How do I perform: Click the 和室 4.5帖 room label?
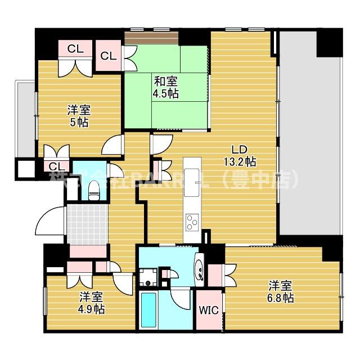pos(165,87)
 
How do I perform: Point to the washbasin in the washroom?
pos(199,269)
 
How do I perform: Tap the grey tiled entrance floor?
pos(87,225)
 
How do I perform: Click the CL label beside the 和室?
pos(109,56)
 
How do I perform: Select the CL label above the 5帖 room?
pos(75,49)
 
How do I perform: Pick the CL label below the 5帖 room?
pos(56,166)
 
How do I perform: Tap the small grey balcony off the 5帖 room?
pos(25,118)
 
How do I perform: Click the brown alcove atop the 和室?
pos(152,38)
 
